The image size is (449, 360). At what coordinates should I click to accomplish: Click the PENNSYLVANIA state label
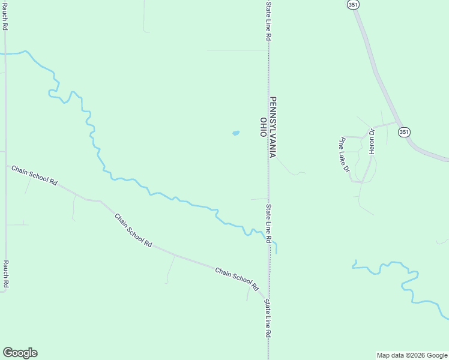273,127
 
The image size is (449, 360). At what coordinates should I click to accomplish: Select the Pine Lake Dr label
344,155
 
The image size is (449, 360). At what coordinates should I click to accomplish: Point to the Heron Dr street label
372,142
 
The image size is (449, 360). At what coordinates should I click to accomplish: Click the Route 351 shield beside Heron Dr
405,131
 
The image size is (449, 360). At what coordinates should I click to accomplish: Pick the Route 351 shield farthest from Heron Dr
353,4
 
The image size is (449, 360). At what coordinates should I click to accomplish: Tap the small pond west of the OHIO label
236,133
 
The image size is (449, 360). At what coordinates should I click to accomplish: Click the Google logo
20,353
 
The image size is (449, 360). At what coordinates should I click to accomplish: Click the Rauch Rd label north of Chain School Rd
5,16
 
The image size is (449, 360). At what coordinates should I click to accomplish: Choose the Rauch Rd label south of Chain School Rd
5,274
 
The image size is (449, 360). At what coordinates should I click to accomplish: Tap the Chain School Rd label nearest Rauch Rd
34,175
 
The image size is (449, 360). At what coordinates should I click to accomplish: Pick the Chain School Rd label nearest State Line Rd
236,280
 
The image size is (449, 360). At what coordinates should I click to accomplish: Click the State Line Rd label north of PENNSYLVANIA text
269,20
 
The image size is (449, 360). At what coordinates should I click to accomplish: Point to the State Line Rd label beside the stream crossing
269,223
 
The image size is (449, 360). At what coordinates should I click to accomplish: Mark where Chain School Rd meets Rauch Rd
6,166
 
